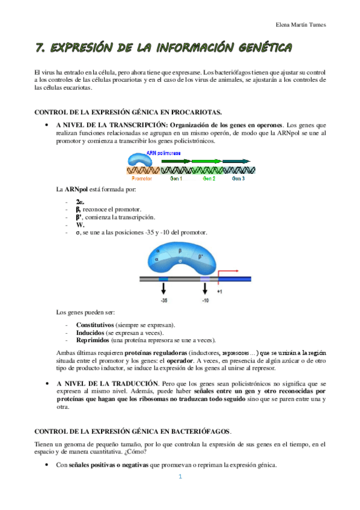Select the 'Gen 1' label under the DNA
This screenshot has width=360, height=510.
pos(176,179)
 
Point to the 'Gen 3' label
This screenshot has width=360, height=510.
pos(239,179)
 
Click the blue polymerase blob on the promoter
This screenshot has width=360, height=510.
pos(139,159)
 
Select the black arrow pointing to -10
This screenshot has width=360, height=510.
pos(205,289)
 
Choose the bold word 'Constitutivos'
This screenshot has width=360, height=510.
pos(96,325)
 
